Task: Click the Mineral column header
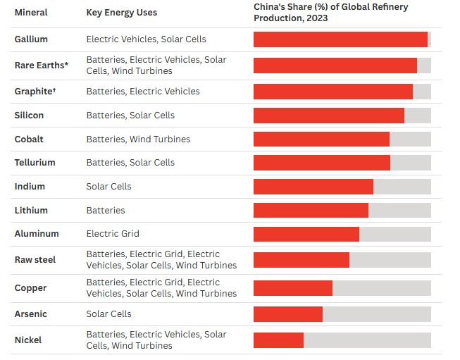pyautogui.click(x=31, y=13)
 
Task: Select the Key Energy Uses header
pyautogui.click(x=121, y=13)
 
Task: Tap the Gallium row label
pyautogui.click(x=31, y=39)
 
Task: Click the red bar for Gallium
pyautogui.click(x=340, y=39)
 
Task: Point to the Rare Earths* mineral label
pyautogui.click(x=42, y=65)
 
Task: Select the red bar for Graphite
pyautogui.click(x=332, y=92)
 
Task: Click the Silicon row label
pyautogui.click(x=29, y=115)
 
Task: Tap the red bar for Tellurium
pyautogui.click(x=321, y=163)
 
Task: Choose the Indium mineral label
pyautogui.click(x=30, y=186)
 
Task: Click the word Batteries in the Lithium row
pyautogui.click(x=106, y=210)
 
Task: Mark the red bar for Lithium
pyautogui.click(x=311, y=210)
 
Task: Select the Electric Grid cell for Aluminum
pyautogui.click(x=113, y=233)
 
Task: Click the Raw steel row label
pyautogui.click(x=35, y=259)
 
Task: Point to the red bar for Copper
pyautogui.click(x=292, y=288)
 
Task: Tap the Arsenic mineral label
pyautogui.click(x=31, y=314)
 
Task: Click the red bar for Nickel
pyautogui.click(x=278, y=340)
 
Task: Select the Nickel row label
pyautogui.click(x=28, y=340)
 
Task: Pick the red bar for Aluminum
pyautogui.click(x=306, y=234)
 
